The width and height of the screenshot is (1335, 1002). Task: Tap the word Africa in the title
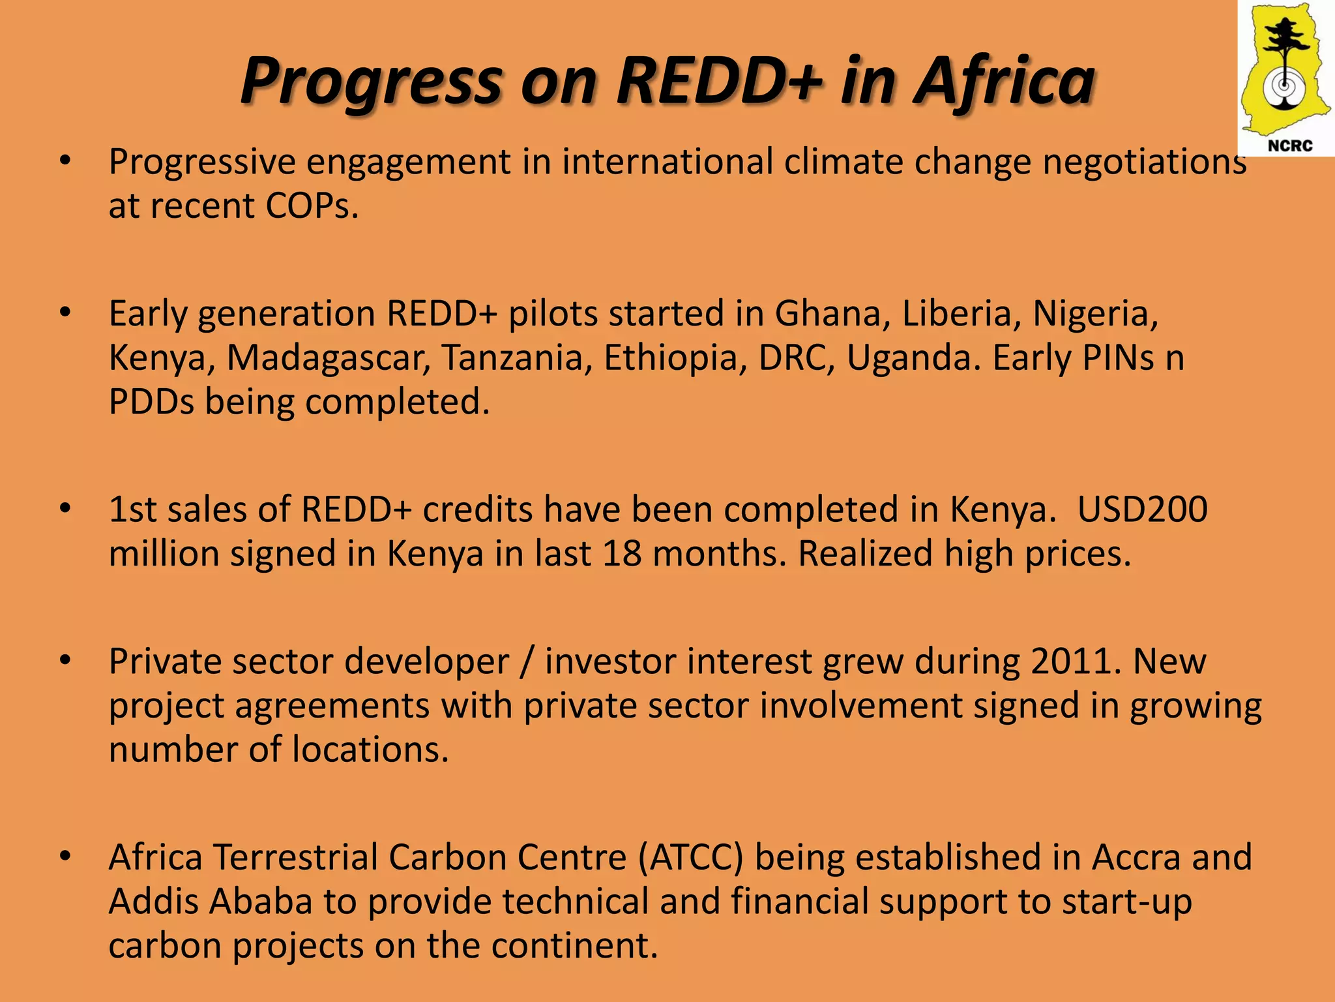1004,81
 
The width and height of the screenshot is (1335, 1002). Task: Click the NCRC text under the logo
1290,145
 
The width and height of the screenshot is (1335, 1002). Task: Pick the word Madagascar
328,358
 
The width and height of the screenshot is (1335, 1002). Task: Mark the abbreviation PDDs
151,402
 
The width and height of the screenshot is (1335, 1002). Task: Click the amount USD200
1142,509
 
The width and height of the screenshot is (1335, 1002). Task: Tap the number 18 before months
622,554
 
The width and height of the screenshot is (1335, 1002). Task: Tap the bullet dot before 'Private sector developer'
65,661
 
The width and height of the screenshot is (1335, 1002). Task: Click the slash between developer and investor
527,661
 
